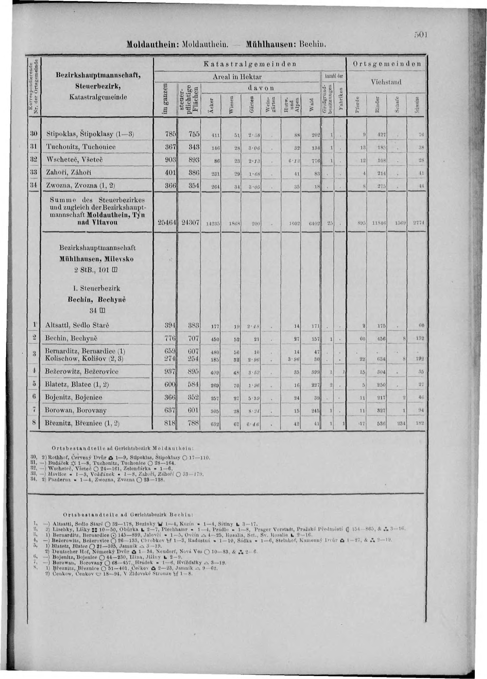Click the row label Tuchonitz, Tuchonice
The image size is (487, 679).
pos(79,146)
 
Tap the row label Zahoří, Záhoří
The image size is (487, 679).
pos(70,173)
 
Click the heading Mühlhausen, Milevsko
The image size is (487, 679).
pos(96,259)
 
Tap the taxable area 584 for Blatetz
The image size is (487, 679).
pos(191,384)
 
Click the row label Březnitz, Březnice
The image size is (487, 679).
pos(82,423)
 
